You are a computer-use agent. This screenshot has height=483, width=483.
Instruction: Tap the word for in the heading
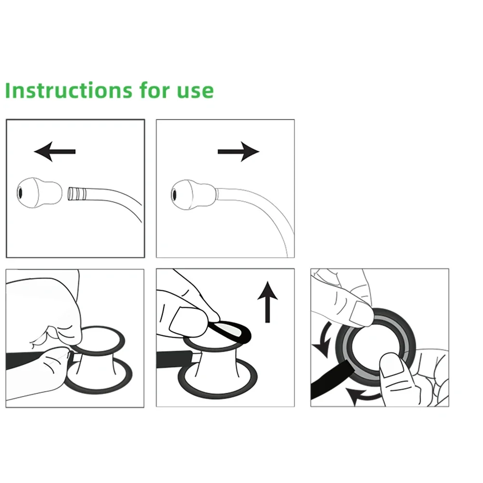pos(155,90)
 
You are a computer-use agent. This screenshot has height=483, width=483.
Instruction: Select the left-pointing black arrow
pos(55,152)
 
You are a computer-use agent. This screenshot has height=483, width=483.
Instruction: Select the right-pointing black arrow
pos(239,152)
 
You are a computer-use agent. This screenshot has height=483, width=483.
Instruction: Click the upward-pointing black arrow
pos(268,302)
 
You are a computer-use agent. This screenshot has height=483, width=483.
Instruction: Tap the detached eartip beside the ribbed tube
pos(39,193)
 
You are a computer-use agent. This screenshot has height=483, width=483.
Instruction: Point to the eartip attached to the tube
pos(194,195)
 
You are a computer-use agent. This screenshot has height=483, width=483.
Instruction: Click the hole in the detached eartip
pos(20,193)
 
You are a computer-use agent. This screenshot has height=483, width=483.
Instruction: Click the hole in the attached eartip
pos(174,195)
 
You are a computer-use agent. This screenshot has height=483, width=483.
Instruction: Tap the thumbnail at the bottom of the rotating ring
pos(391,365)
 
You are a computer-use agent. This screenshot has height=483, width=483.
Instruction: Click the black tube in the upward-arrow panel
pos(174,359)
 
